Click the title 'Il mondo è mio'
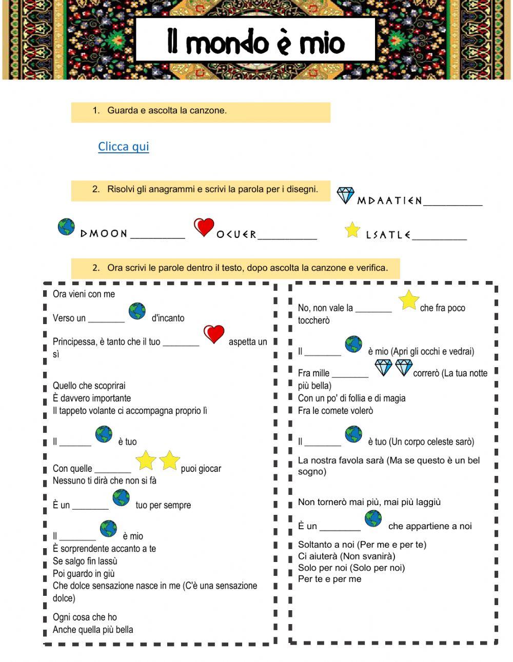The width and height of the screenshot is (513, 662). (x=255, y=43)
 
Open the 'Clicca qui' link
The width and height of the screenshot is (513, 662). (x=123, y=147)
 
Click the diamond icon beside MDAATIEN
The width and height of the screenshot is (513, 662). (x=345, y=195)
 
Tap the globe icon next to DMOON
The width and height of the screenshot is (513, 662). (x=66, y=227)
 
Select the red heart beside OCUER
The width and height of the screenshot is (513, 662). (x=204, y=227)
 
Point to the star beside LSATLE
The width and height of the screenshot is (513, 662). (x=352, y=230)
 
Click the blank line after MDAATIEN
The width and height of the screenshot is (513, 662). (x=453, y=204)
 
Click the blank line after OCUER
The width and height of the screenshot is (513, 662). (x=287, y=237)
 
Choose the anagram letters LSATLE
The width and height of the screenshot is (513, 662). (x=388, y=235)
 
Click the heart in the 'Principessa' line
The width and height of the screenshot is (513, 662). (x=214, y=334)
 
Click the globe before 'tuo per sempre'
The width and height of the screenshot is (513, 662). (x=121, y=497)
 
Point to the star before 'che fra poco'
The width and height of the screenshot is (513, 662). (x=409, y=300)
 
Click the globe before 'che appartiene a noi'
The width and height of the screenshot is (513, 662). (x=373, y=518)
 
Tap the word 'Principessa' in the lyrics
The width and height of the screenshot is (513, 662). (x=72, y=342)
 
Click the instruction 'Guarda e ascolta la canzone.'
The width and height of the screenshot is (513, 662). (x=167, y=110)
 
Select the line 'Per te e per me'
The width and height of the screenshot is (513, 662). (x=329, y=579)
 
